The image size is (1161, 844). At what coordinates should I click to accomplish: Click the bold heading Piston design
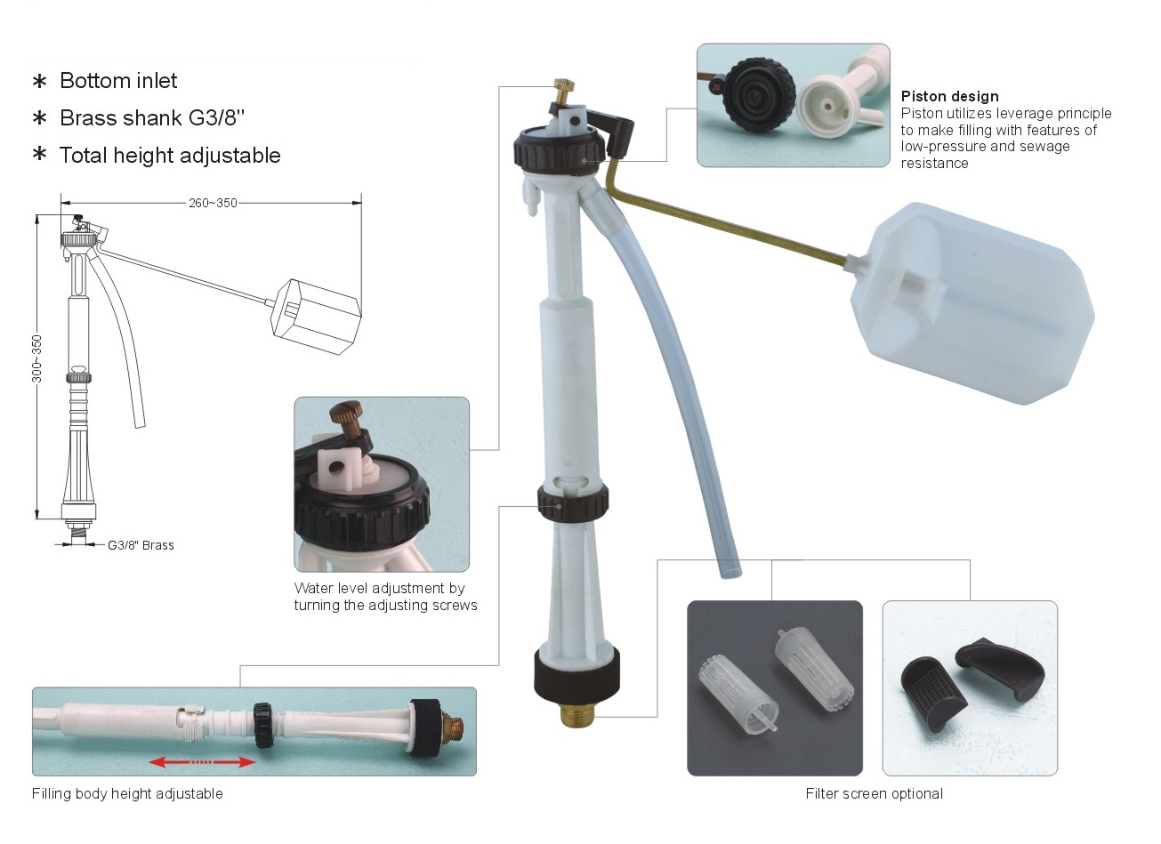click(949, 96)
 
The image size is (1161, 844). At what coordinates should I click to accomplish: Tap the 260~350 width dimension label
click(213, 203)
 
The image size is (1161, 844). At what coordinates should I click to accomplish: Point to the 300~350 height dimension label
click(36, 358)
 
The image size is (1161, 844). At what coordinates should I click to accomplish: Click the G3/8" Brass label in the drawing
click(141, 545)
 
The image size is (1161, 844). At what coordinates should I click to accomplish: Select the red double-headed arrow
click(203, 762)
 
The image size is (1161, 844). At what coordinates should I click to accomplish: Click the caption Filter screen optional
click(874, 793)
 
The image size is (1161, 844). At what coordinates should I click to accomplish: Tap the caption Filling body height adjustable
click(127, 793)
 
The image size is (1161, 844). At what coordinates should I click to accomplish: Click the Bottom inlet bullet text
click(118, 81)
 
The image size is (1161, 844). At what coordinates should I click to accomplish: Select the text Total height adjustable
click(170, 156)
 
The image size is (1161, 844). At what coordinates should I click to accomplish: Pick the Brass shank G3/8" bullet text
click(152, 118)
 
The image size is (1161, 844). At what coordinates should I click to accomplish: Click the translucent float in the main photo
click(972, 303)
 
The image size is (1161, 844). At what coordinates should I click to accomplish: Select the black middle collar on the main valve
click(572, 502)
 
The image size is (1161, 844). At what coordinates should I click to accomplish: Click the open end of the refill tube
click(730, 572)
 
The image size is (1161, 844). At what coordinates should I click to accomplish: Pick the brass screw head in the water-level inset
click(346, 412)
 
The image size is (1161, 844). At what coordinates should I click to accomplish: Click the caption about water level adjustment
click(385, 597)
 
